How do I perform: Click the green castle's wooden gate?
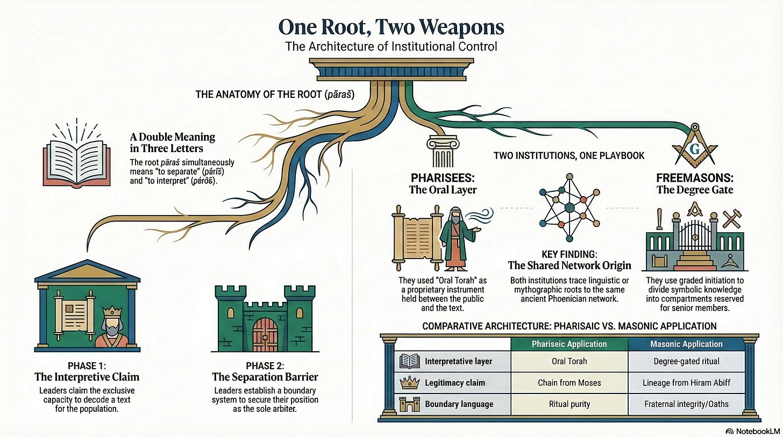pyautogui.click(x=264, y=333)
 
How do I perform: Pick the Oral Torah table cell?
pyautogui.click(x=570, y=361)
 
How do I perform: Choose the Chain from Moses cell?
pyautogui.click(x=570, y=383)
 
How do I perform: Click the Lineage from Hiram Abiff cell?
pyautogui.click(x=686, y=383)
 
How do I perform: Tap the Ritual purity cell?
pyautogui.click(x=570, y=404)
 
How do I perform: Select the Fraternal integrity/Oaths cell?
pyautogui.click(x=686, y=404)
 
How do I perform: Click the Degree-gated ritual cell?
pyautogui.click(x=686, y=361)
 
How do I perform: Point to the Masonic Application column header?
pyautogui.click(x=686, y=343)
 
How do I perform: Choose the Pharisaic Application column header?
pyautogui.click(x=570, y=343)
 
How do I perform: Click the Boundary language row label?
pyautogui.click(x=458, y=404)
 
